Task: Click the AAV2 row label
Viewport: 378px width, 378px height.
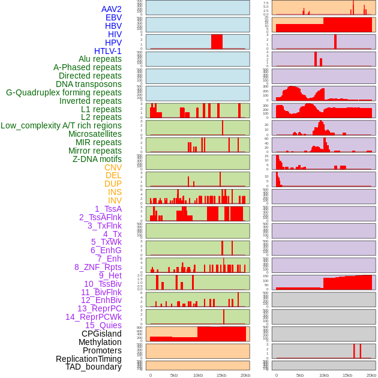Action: pyautogui.click(x=112, y=9)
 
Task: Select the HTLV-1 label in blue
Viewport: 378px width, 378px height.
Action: pyautogui.click(x=108, y=51)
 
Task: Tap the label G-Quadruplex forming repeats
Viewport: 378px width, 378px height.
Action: pyautogui.click(x=64, y=92)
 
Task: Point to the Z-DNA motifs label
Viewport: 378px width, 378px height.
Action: pyautogui.click(x=97, y=159)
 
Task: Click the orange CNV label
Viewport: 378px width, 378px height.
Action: pyautogui.click(x=113, y=167)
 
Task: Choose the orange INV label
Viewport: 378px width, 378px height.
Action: pyautogui.click(x=115, y=200)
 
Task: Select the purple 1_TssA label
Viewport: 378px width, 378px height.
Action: pyautogui.click(x=108, y=209)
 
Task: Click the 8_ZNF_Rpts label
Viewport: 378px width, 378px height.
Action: pyautogui.click(x=98, y=267)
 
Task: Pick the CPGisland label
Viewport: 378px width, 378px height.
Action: pyautogui.click(x=101, y=334)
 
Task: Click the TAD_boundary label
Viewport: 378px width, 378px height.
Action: pyautogui.click(x=94, y=367)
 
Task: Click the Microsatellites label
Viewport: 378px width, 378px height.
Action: pyautogui.click(x=95, y=134)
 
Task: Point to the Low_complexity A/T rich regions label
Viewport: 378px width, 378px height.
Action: pyautogui.click(x=61, y=125)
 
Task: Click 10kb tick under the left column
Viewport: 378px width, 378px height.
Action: pyautogui.click(x=198, y=375)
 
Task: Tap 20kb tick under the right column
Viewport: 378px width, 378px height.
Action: pyautogui.click(x=371, y=375)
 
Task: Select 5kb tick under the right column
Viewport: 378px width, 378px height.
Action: pyautogui.click(x=300, y=375)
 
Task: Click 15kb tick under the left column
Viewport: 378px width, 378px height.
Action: pyautogui.click(x=221, y=375)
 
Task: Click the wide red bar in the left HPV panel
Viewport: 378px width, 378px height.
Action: pyautogui.click(x=217, y=41)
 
